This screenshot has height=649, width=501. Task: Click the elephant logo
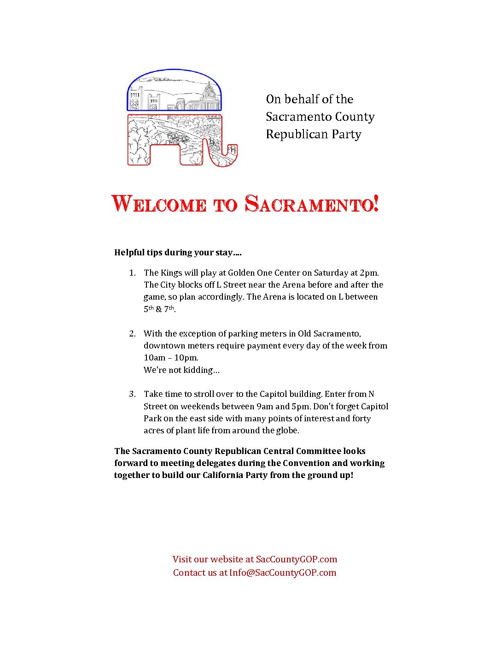(182, 118)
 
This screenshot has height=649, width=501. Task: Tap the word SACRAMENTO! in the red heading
(312, 203)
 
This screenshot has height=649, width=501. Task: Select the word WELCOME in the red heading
(159, 203)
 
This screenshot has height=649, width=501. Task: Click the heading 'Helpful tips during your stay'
(178, 253)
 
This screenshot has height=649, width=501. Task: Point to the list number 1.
(132, 273)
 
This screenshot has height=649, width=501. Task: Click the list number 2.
(132, 334)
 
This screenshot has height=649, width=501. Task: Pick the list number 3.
(132, 394)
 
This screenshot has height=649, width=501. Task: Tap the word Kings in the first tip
(171, 273)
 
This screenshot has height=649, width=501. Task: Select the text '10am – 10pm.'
(171, 358)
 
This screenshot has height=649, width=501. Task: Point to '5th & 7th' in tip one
(159, 309)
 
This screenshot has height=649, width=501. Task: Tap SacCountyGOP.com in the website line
(297, 560)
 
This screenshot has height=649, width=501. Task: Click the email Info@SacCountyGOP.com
(283, 573)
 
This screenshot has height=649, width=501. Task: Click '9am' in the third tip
(265, 407)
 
